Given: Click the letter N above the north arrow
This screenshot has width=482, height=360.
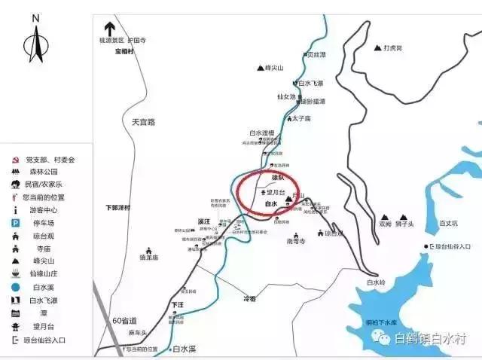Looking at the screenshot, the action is click(x=35, y=17).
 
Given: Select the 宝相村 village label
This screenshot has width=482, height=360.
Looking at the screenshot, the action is click(x=124, y=51).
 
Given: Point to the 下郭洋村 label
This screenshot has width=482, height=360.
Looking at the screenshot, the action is click(x=117, y=207).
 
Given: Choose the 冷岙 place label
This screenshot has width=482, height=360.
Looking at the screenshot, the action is click(x=249, y=299).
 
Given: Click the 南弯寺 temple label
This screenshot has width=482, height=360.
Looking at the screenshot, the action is click(x=297, y=242).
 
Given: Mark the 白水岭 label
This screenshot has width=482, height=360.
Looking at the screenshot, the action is click(x=375, y=282).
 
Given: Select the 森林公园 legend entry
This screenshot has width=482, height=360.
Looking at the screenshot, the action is click(x=41, y=172).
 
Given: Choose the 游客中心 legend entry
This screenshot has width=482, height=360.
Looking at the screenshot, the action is click(x=41, y=210).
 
